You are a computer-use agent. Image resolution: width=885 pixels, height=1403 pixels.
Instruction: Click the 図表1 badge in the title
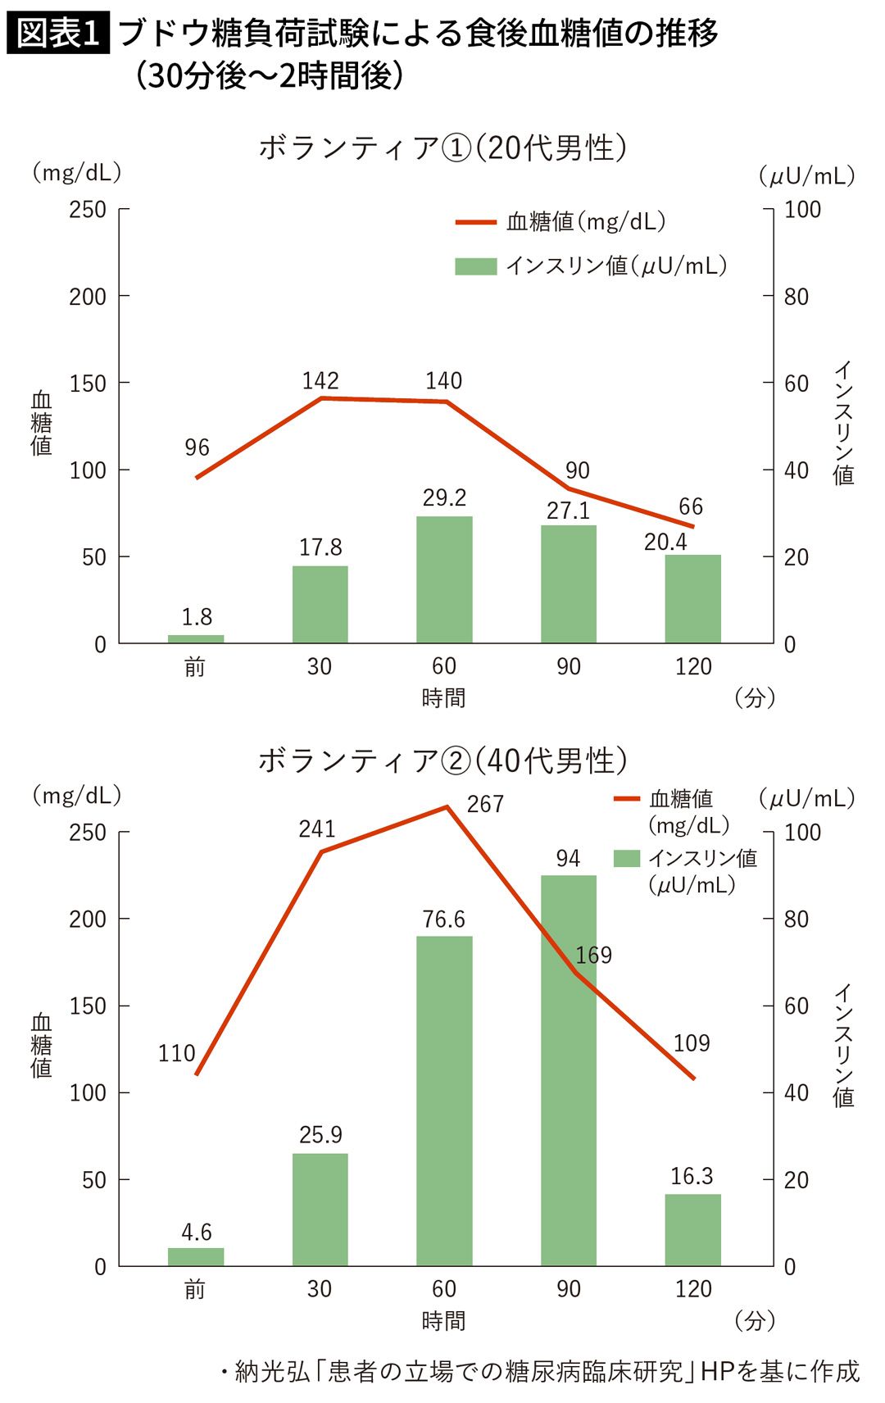[57, 34]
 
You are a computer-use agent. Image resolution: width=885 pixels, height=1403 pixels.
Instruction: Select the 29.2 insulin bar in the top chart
[444, 579]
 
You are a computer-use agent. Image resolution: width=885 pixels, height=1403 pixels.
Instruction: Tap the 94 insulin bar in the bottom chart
[569, 1070]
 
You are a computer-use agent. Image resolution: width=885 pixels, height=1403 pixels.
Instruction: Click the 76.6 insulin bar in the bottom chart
[444, 1101]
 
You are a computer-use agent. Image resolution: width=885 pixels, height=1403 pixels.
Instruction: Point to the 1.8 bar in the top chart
[196, 639]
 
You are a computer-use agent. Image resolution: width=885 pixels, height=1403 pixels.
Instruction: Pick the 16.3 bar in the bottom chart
[692, 1230]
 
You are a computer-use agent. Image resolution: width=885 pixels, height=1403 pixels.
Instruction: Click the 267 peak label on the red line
[485, 804]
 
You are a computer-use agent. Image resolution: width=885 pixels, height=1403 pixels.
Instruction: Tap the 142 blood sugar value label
[320, 381]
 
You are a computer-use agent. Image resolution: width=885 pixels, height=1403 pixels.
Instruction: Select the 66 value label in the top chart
[691, 506]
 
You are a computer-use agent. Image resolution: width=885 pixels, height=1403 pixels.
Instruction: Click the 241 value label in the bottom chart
[317, 829]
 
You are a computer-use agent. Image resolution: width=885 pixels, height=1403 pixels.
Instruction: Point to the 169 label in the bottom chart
[594, 955]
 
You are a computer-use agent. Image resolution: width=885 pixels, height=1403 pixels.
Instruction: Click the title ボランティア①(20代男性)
[442, 148]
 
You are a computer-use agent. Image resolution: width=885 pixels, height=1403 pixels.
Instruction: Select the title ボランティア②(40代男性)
[442, 761]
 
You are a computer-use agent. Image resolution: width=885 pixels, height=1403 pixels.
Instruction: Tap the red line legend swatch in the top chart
[476, 222]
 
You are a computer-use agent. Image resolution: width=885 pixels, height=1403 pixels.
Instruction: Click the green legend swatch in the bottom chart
[626, 858]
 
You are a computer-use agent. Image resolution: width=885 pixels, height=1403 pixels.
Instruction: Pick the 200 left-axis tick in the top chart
[88, 297]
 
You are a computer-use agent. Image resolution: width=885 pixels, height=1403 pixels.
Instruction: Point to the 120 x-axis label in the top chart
[693, 666]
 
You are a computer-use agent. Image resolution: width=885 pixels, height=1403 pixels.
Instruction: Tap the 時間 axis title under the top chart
[443, 697]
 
